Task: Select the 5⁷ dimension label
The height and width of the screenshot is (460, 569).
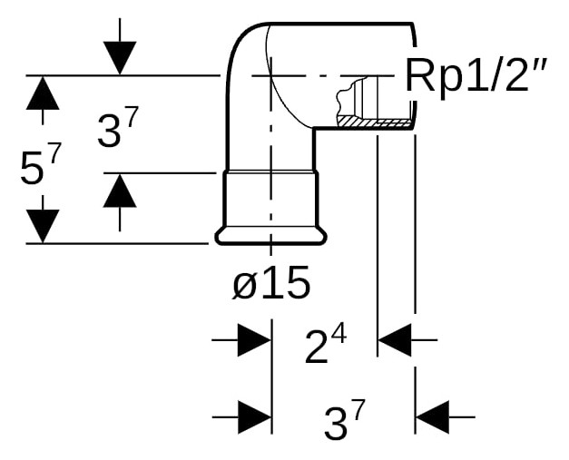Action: (x=39, y=166)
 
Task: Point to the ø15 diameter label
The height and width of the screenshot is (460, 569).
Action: (x=271, y=282)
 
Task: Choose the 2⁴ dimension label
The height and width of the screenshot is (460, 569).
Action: (x=326, y=346)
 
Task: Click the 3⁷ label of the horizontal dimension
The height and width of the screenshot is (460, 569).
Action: (x=344, y=420)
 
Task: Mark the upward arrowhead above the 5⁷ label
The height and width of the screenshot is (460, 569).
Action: (x=43, y=93)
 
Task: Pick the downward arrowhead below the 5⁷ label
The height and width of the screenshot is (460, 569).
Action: (x=43, y=226)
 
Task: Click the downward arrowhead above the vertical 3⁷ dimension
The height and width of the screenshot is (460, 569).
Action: (x=120, y=58)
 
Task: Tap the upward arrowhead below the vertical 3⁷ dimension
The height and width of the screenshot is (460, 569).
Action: (x=120, y=191)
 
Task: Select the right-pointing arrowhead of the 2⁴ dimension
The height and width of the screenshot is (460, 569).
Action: (x=255, y=340)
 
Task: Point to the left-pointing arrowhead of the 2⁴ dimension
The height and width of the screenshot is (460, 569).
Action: (x=395, y=340)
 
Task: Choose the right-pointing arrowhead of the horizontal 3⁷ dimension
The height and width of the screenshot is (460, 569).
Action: (x=255, y=417)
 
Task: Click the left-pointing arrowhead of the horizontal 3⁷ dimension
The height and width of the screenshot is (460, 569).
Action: (x=433, y=417)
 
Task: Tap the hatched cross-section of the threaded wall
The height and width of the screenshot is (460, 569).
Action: (x=375, y=122)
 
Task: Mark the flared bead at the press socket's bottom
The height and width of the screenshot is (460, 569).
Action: (x=271, y=236)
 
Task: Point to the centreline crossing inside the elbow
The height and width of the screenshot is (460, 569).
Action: (x=271, y=76)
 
